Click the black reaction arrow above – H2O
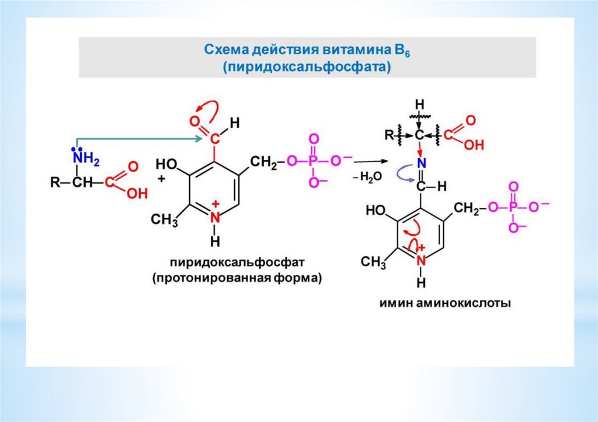[366, 162]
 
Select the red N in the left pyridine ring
[215, 217]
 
